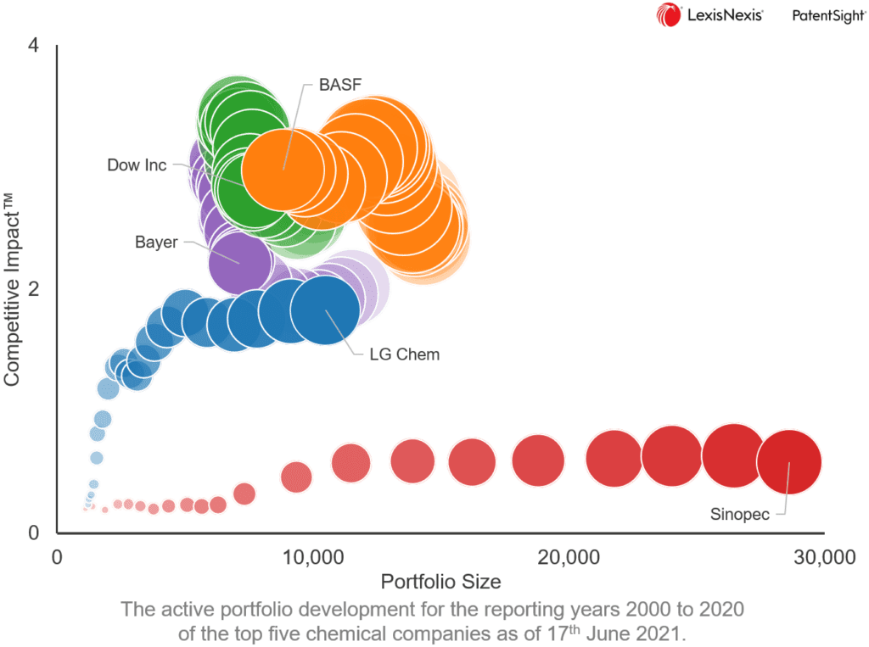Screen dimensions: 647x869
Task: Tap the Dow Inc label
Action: coord(137,165)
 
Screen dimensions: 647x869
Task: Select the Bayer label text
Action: coord(156,243)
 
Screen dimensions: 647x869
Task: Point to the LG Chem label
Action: coord(404,354)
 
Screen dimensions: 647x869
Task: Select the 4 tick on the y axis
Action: coord(34,46)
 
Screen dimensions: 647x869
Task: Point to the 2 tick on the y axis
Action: coord(34,290)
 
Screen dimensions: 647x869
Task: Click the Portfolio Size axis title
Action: coord(440,582)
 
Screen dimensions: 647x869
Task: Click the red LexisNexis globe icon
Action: coord(668,15)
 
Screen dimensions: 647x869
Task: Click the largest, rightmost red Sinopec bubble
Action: coord(788,462)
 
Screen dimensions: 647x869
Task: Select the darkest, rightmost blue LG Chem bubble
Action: coord(325,310)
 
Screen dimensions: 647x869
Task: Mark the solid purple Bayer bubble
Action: coord(240,262)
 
